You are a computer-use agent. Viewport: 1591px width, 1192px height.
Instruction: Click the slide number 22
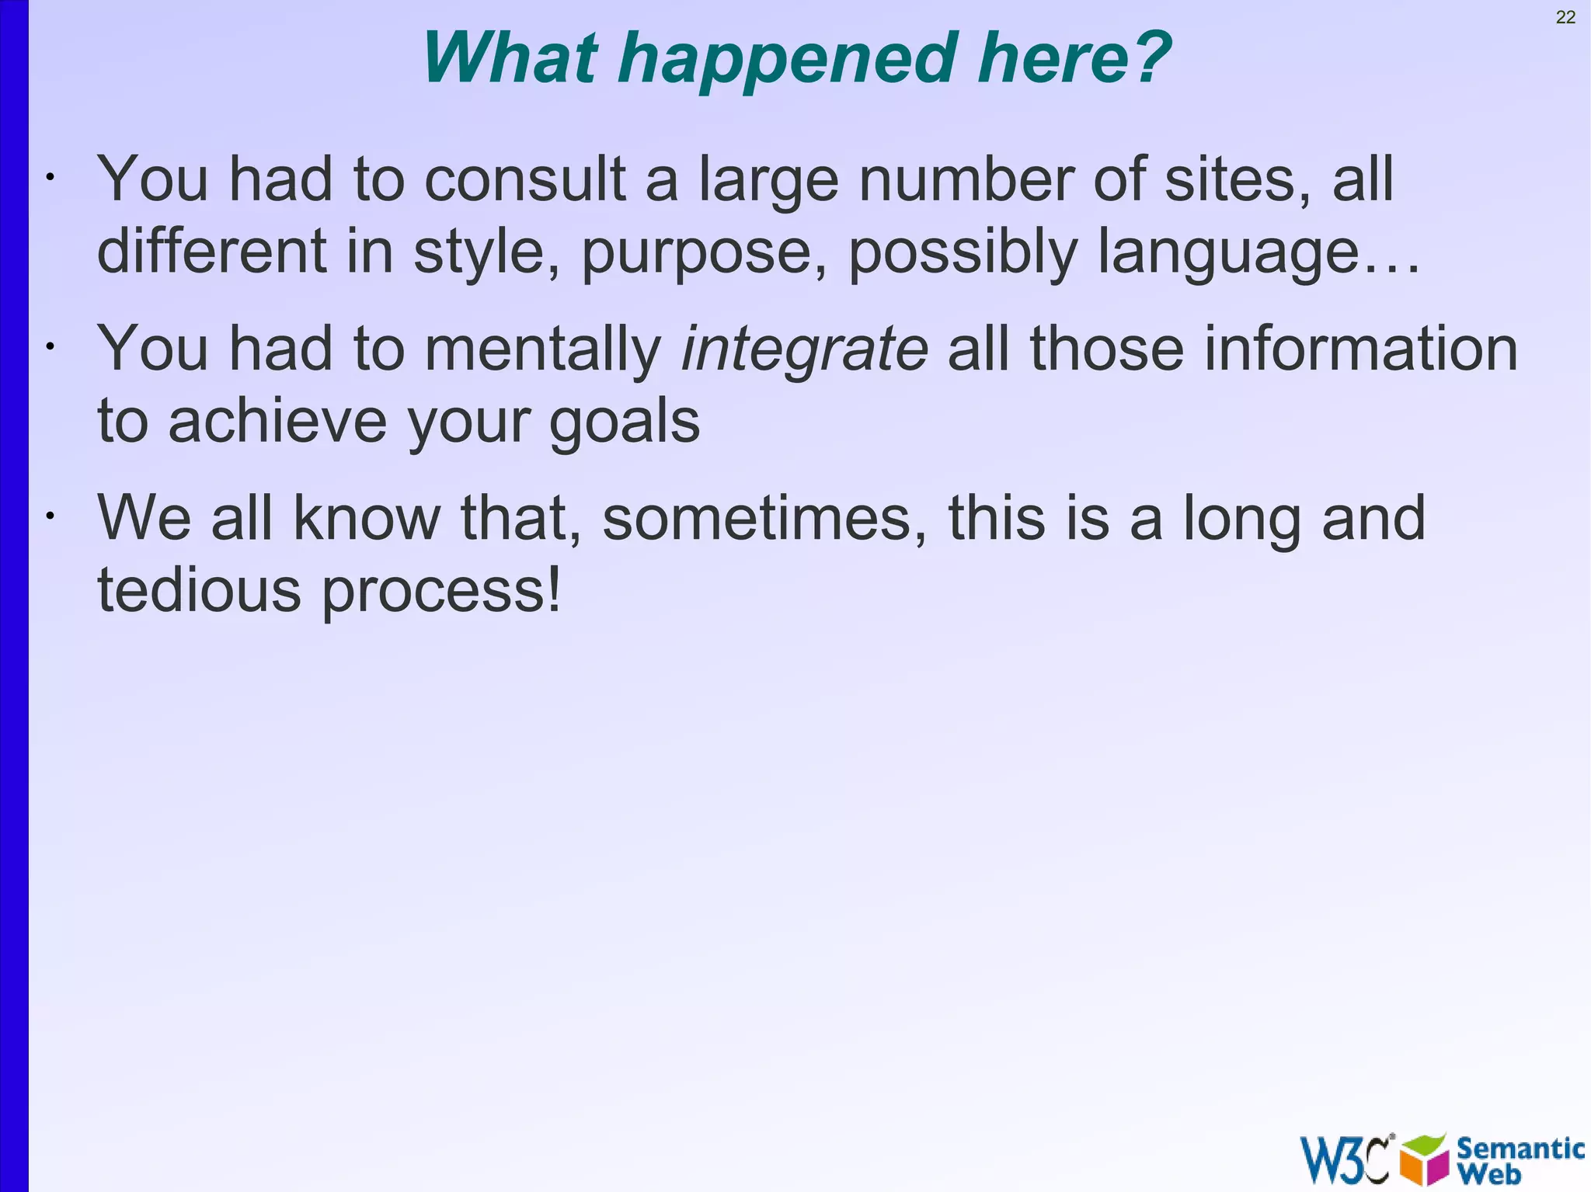(1565, 17)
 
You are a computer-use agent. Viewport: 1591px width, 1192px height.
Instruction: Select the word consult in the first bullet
(524, 179)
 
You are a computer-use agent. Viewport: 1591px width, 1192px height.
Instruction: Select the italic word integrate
(804, 350)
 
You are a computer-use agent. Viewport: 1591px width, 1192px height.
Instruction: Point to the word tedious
(199, 589)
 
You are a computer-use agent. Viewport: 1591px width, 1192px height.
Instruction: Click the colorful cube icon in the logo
(1425, 1160)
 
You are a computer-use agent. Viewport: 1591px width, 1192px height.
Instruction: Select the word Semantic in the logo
(1520, 1147)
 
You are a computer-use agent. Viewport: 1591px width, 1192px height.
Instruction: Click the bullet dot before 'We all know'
(49, 516)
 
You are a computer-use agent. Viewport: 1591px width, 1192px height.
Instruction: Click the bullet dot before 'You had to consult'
(49, 178)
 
